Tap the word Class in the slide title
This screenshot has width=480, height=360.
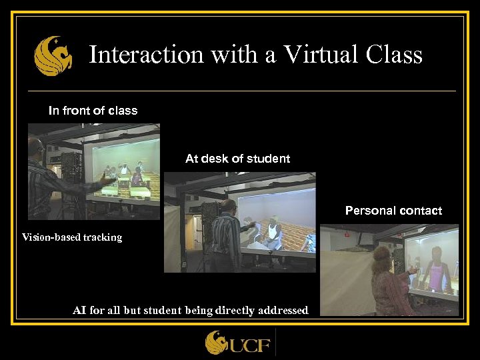(394, 55)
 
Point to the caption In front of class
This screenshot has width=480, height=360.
(93, 111)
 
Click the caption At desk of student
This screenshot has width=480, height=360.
(237, 159)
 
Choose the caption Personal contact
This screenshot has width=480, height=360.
(393, 211)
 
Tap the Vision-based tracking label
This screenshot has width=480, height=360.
(72, 237)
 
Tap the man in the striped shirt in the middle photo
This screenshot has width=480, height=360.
(225, 233)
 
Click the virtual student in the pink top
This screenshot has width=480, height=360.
(437, 270)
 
